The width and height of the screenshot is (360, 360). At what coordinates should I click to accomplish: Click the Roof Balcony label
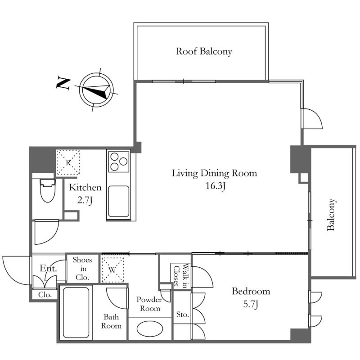point(204,51)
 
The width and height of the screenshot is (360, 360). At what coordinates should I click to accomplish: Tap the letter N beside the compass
point(63,83)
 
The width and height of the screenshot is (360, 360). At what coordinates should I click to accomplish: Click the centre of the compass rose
point(96,90)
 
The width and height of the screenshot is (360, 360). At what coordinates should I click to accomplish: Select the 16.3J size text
point(215,185)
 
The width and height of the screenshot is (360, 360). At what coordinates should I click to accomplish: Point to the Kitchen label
point(85,187)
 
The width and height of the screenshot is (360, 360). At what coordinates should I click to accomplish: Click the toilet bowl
point(48,190)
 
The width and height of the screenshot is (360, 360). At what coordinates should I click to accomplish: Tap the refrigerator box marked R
point(68,162)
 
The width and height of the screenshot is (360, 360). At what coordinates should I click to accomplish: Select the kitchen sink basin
point(119,201)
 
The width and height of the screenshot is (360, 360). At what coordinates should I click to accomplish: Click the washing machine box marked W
point(113,270)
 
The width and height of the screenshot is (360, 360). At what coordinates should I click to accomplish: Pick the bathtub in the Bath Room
point(76,312)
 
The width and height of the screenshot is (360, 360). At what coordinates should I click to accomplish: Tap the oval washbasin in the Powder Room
point(150,329)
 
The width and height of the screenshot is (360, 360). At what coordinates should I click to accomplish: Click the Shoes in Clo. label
point(82,269)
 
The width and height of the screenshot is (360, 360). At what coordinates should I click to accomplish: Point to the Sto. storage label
point(183,314)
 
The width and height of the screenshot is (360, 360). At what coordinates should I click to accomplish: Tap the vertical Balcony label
point(331,215)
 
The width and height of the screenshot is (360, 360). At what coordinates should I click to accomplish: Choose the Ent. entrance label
point(48,268)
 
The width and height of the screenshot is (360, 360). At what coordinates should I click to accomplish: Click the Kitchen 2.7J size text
point(85,200)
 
